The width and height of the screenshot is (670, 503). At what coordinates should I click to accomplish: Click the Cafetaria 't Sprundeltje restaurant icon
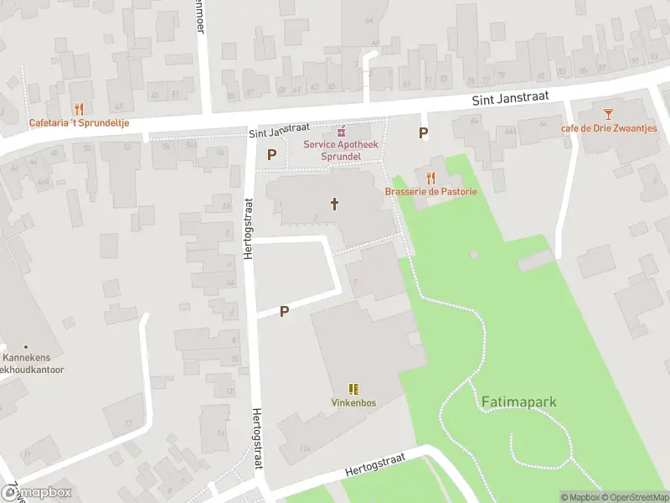tap(79, 109)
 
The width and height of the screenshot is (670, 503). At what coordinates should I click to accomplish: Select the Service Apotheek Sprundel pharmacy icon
tap(342, 132)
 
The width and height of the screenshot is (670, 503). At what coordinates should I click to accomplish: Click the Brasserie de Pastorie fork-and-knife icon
tap(431, 178)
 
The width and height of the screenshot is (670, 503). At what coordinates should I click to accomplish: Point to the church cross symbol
tap(335, 204)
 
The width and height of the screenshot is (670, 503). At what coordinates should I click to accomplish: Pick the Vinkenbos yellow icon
tap(353, 389)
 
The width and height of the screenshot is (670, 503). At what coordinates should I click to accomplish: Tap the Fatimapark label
tap(519, 402)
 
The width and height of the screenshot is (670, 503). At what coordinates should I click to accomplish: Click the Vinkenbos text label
tap(353, 403)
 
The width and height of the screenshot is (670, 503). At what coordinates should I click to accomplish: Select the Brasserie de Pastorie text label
tap(431, 192)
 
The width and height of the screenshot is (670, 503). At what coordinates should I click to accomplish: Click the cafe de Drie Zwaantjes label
tap(609, 128)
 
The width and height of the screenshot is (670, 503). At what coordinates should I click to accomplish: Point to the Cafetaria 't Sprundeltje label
tap(79, 122)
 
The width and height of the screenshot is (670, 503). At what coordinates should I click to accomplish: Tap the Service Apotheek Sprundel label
tap(341, 150)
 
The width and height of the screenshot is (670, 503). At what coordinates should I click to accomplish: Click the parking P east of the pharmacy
tap(424, 132)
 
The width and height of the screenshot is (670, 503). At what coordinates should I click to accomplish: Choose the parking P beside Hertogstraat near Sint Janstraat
tap(271, 154)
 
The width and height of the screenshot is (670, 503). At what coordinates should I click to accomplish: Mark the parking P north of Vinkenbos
tap(284, 311)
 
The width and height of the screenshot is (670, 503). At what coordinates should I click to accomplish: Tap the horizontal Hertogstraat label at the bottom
tap(374, 465)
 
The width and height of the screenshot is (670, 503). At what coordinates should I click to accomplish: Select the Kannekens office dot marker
tap(26, 347)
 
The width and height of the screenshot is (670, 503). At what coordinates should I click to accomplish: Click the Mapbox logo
tap(37, 493)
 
